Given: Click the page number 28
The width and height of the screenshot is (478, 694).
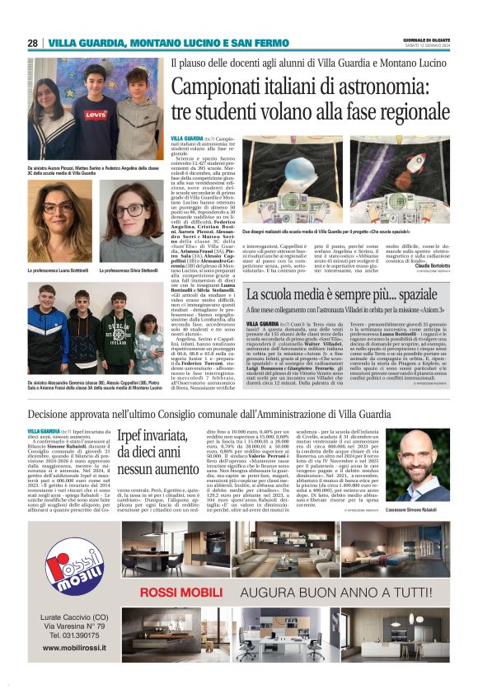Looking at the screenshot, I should [x=32, y=43].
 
